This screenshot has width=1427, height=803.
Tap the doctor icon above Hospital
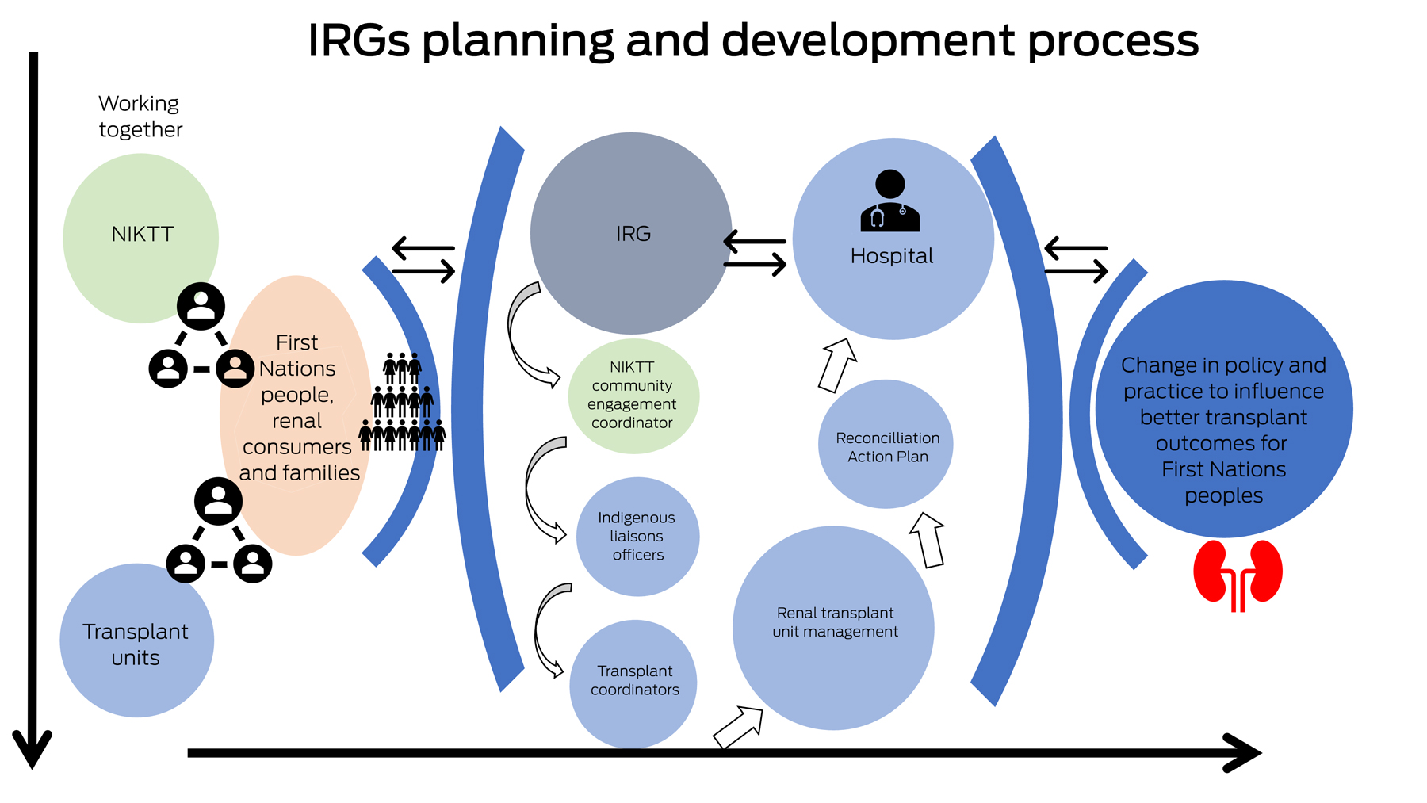(x=889, y=201)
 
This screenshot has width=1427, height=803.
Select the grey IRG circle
(x=631, y=233)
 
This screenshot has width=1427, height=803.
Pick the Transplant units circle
(x=136, y=640)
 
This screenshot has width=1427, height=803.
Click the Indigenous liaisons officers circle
(x=637, y=537)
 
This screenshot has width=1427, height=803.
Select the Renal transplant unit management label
(x=835, y=622)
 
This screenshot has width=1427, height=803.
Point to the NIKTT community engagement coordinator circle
(x=633, y=396)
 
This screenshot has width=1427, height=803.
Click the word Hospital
(x=891, y=256)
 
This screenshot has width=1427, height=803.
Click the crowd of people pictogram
(x=402, y=403)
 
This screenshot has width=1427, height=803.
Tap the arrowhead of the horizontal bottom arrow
(x=1245, y=752)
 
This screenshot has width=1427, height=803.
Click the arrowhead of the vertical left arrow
(x=32, y=749)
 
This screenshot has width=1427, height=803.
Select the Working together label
(x=140, y=117)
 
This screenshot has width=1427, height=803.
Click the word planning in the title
(x=518, y=41)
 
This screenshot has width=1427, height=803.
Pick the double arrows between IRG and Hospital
(x=755, y=253)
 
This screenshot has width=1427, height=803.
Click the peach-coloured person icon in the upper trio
(x=235, y=368)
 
